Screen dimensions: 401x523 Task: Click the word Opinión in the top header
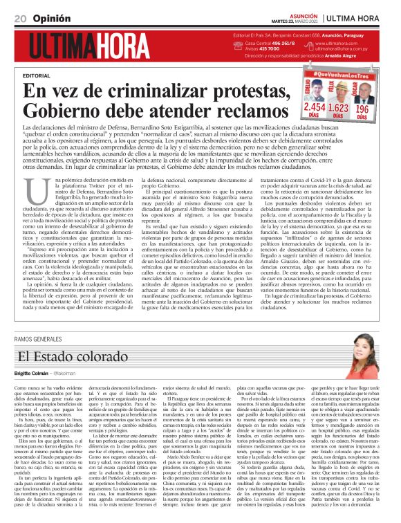(x=49, y=17)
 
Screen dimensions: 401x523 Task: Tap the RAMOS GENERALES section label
(x=38, y=338)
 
